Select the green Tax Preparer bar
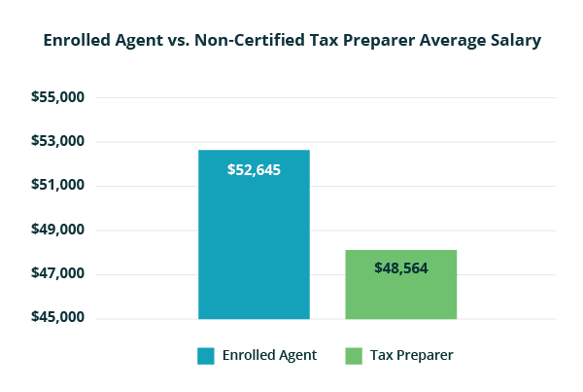point(400,292)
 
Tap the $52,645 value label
point(254,169)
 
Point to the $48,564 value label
point(400,267)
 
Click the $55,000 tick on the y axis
point(58,98)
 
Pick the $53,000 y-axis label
point(58,142)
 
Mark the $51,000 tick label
point(58,186)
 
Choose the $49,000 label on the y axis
point(58,231)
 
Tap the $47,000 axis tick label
point(58,274)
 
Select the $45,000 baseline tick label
point(58,318)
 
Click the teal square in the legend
point(205,356)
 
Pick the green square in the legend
point(352,356)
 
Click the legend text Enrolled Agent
point(269,356)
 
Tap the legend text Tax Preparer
point(411,356)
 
